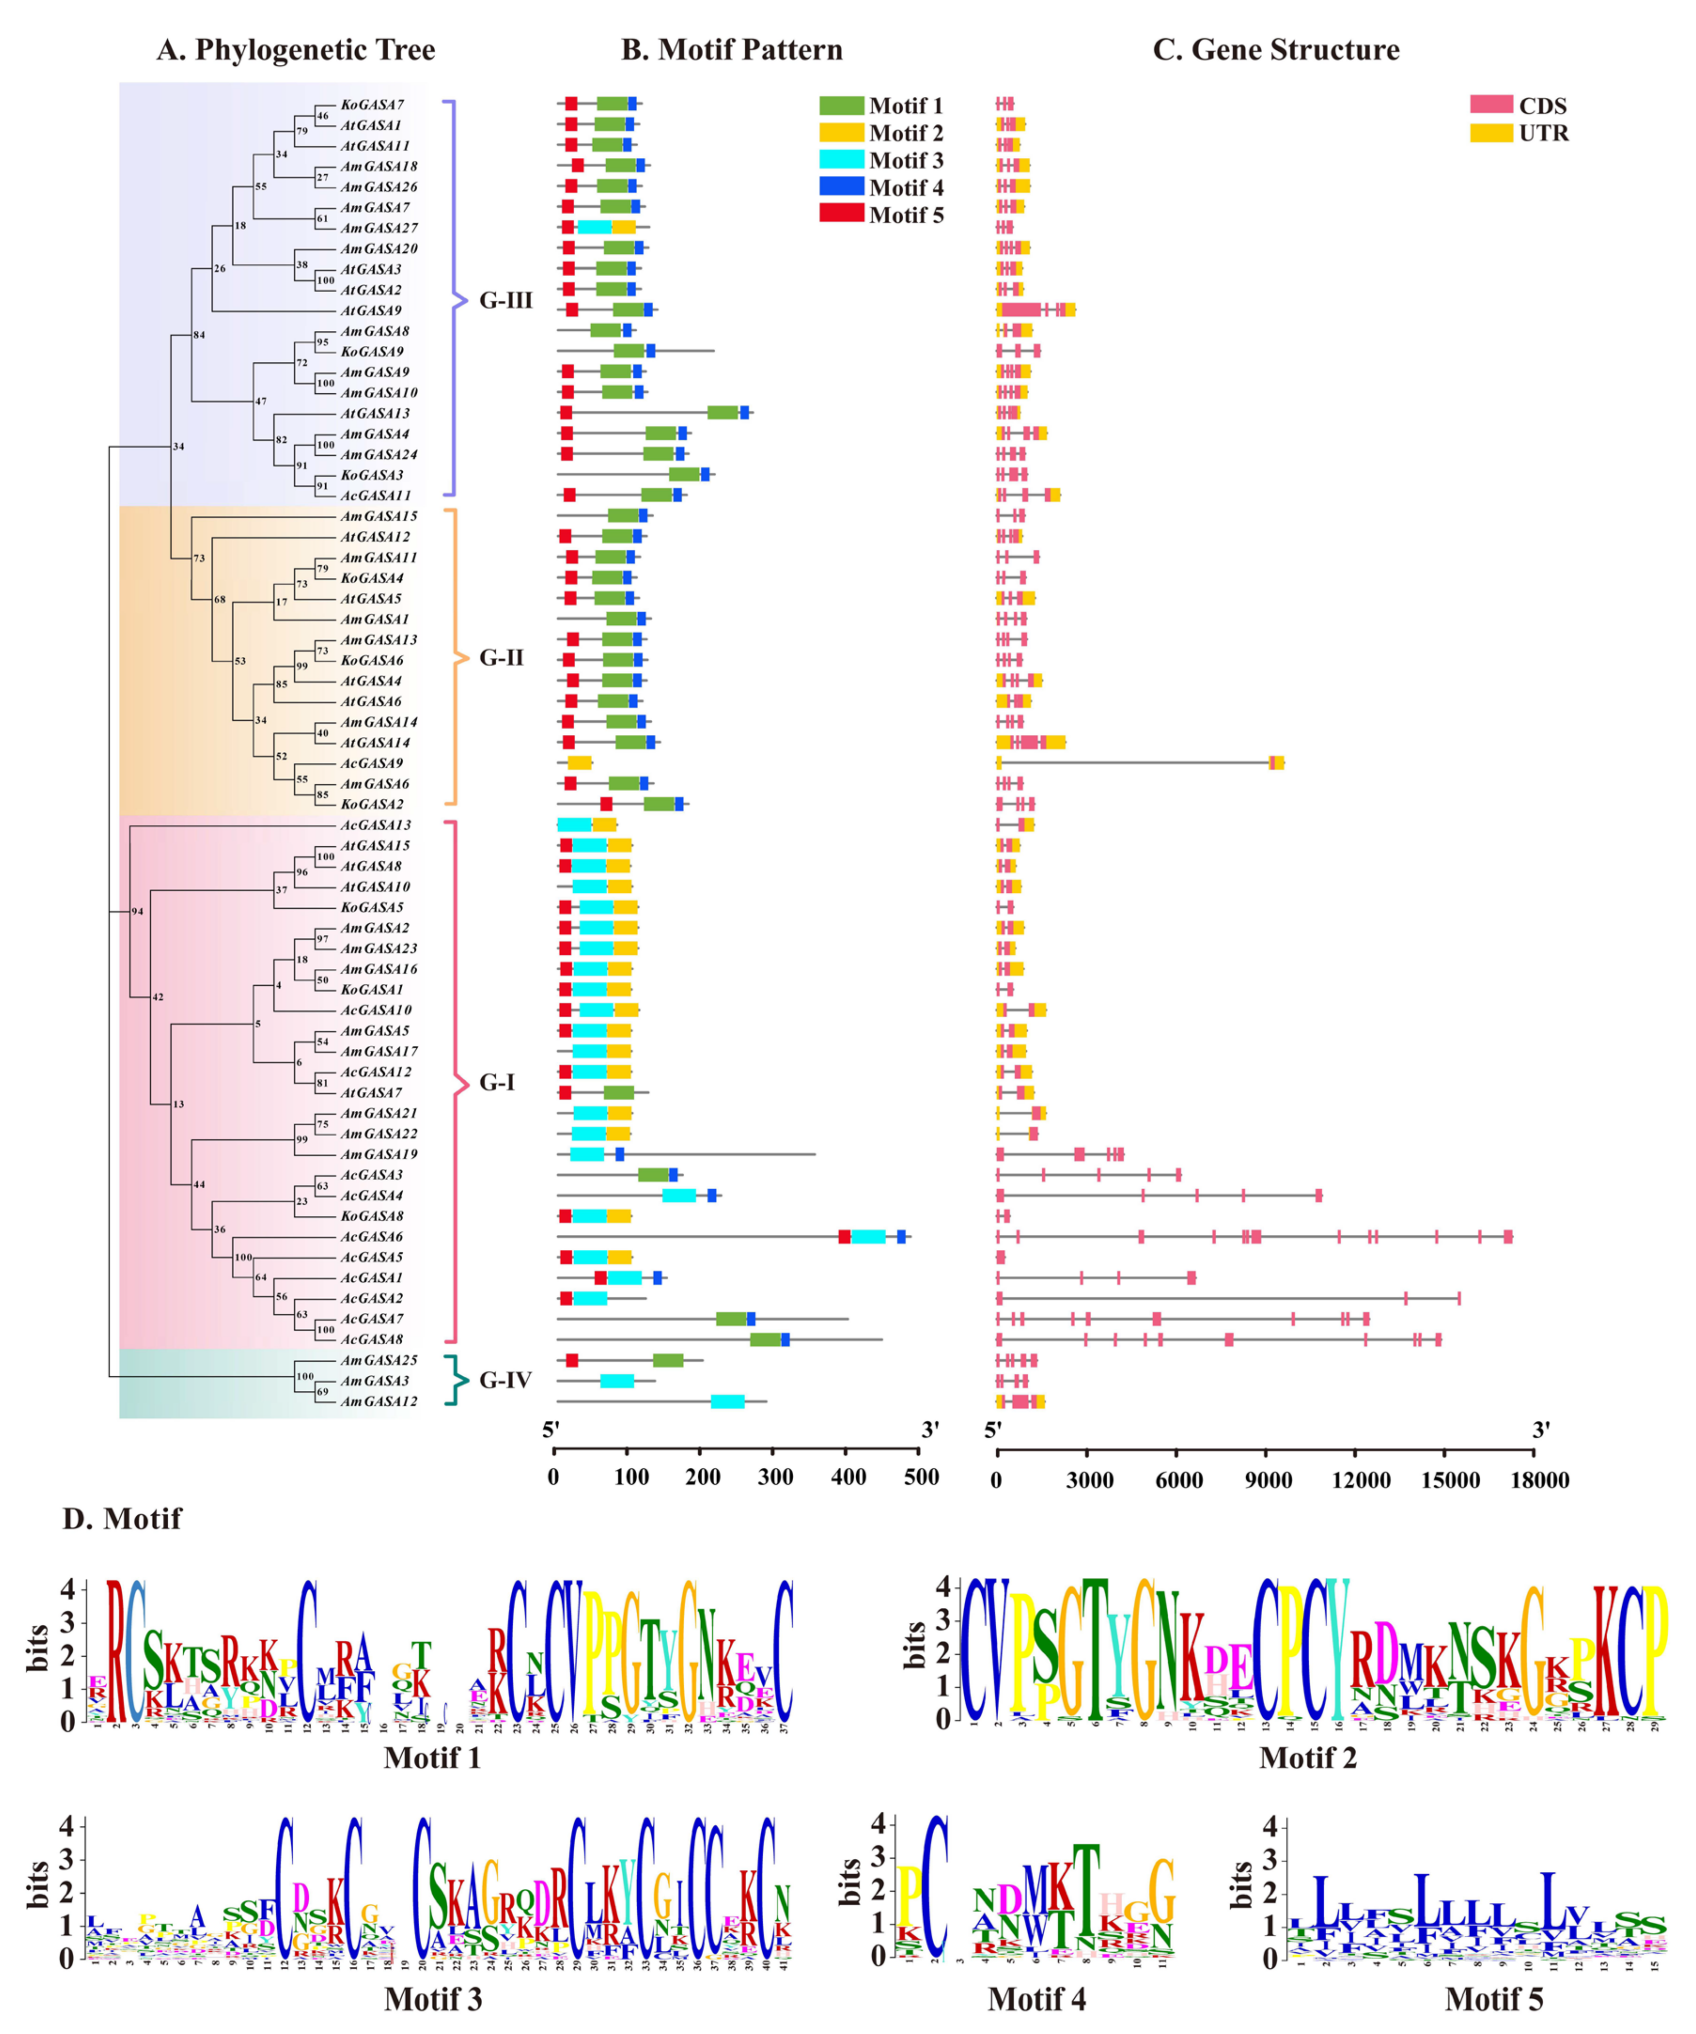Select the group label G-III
[506, 300]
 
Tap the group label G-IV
[506, 1380]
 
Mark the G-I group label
[498, 1083]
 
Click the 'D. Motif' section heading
[122, 1519]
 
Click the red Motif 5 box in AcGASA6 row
[844, 1237]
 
